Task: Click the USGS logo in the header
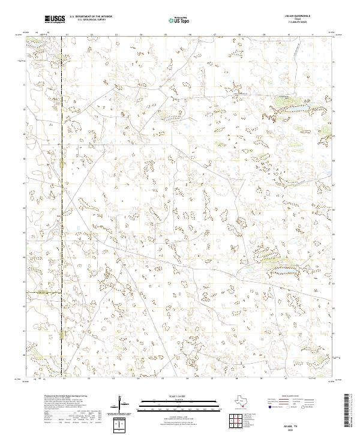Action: pos(55,19)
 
